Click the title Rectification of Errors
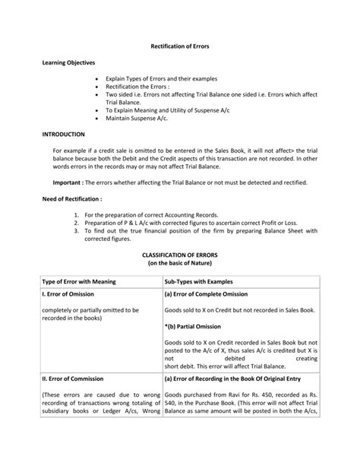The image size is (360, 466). coord(179,46)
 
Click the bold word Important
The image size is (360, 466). coord(68,183)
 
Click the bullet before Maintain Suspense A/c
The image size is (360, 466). coord(99,117)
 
